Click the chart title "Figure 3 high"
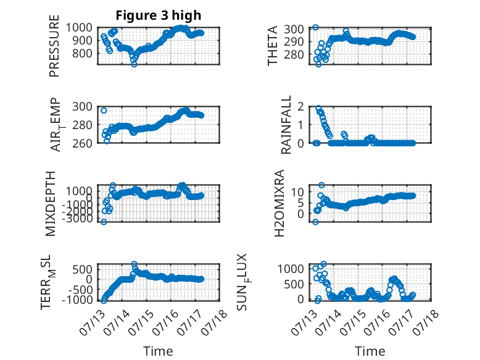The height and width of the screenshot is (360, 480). (159, 15)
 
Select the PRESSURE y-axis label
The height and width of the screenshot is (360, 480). (54, 46)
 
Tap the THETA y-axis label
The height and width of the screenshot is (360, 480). (272, 46)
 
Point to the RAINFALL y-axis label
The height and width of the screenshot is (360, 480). (286, 124)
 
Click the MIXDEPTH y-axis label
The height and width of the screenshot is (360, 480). (50, 203)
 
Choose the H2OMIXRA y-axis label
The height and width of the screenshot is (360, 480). (279, 203)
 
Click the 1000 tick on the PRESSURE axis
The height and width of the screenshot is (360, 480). (79, 28)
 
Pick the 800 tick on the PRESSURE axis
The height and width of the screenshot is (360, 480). (82, 53)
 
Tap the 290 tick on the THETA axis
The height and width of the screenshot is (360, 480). (294, 41)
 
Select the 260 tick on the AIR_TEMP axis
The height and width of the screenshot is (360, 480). (82, 143)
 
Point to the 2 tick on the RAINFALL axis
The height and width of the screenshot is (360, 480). (301, 107)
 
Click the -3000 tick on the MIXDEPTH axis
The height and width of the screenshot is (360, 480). (78, 219)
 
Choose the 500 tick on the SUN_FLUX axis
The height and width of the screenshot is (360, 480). (294, 284)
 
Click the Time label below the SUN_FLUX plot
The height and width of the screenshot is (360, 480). (370, 351)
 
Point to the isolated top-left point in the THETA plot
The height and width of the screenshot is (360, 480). (315, 27)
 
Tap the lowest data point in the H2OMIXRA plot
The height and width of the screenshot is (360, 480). (315, 222)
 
